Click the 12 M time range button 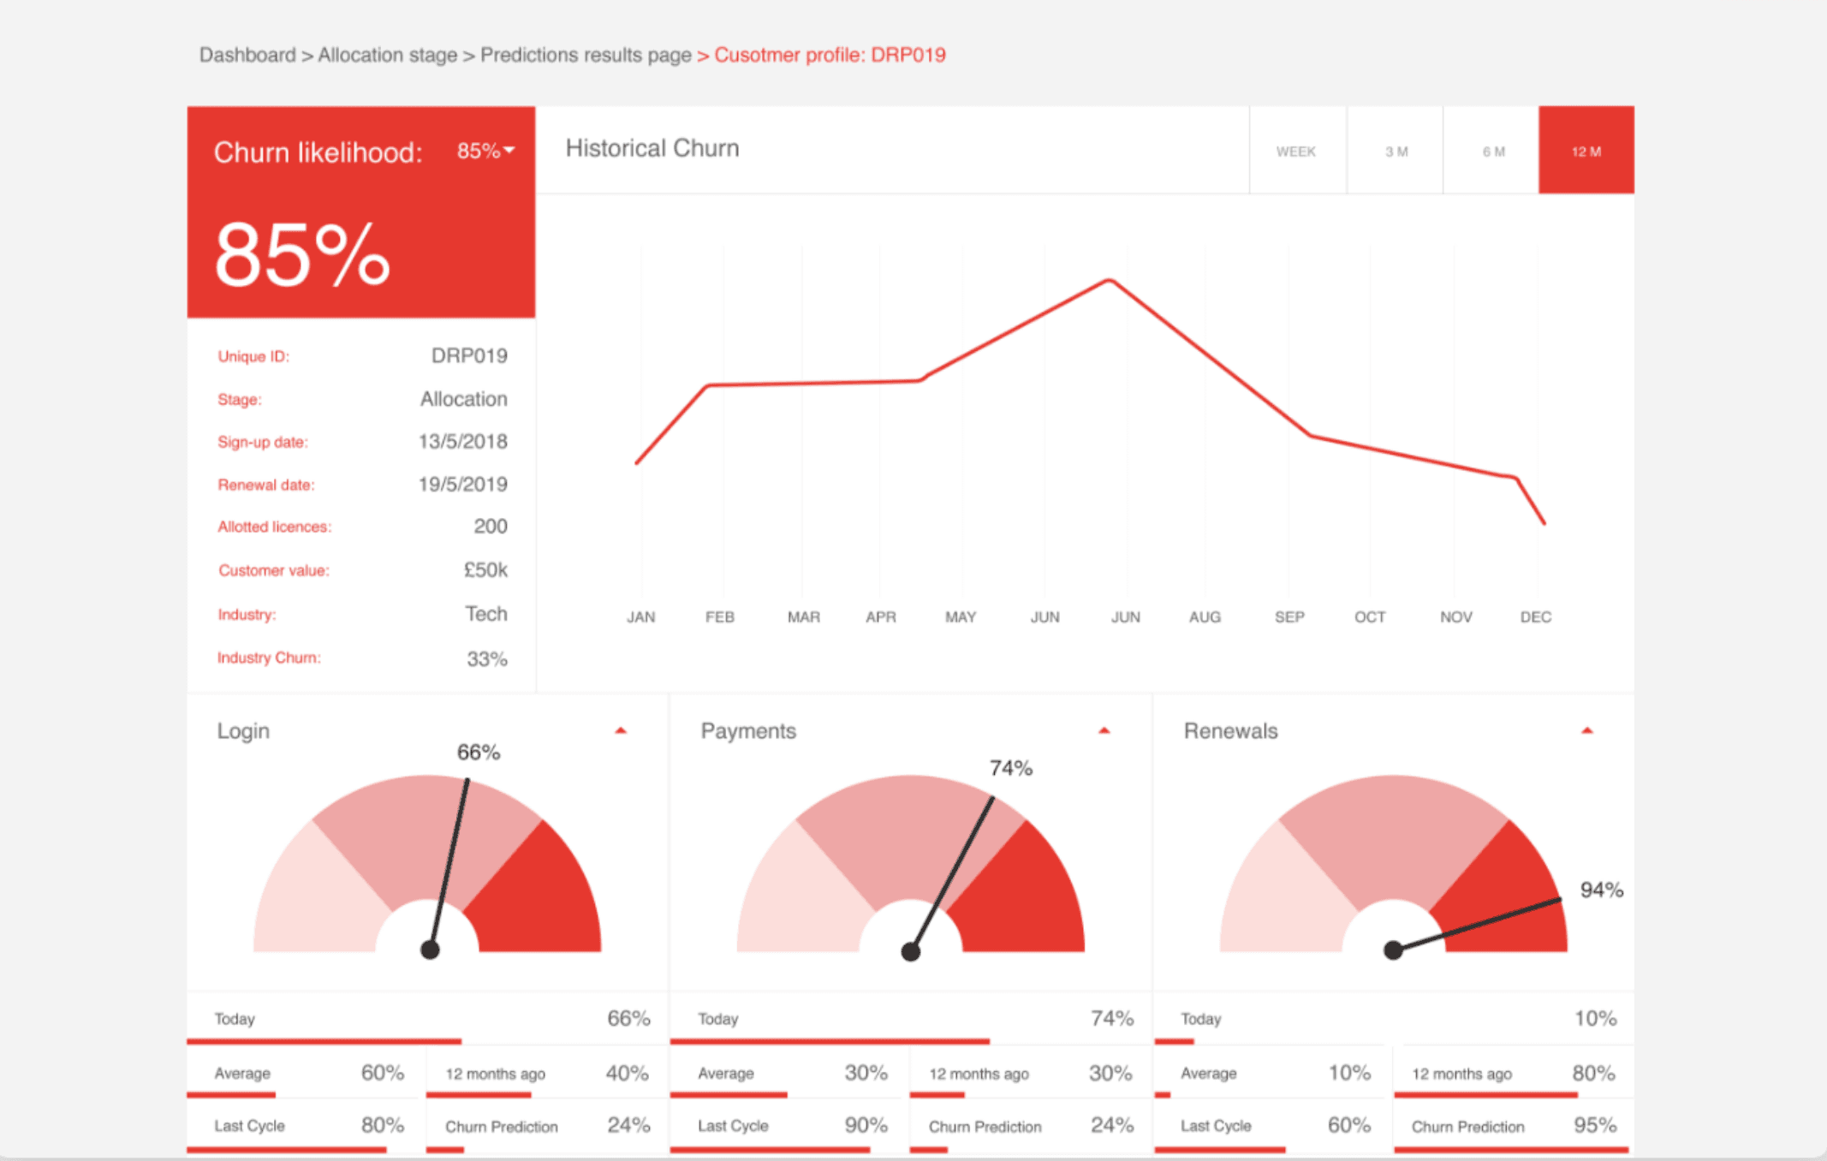[1586, 151]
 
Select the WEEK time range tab [1296, 151]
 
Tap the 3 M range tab [1396, 151]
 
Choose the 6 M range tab [1493, 151]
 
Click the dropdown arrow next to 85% [510, 151]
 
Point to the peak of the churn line [1110, 280]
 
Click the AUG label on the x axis [1205, 616]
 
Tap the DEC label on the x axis [1535, 616]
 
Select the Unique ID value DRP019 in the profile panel [469, 355]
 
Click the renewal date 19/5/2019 [462, 485]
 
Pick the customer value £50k [485, 570]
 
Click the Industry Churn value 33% [486, 658]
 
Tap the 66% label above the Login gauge [478, 753]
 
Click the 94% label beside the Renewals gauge [1601, 890]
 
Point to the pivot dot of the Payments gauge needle [911, 951]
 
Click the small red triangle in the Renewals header [1586, 730]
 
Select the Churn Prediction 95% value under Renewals [1594, 1125]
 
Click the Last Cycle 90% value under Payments [866, 1125]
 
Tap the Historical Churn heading [652, 148]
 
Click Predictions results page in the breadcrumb [586, 55]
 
